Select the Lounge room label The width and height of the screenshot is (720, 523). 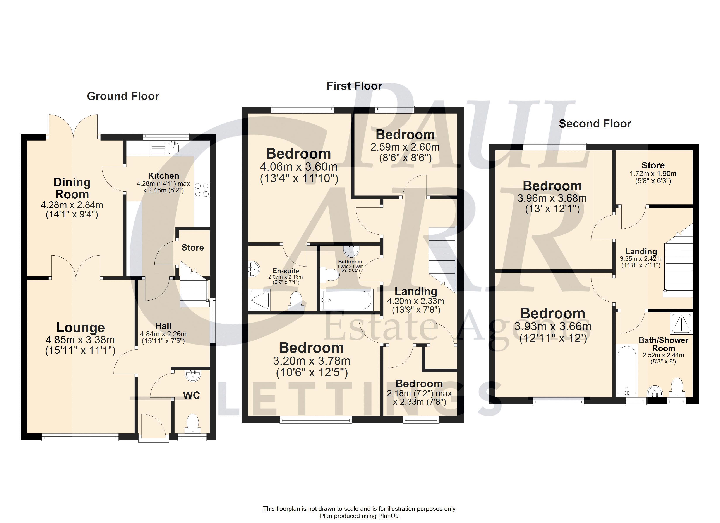(x=81, y=327)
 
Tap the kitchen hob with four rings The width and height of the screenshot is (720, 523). (x=202, y=189)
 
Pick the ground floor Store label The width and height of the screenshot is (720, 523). (x=192, y=247)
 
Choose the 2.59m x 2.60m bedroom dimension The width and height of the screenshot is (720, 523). (x=405, y=147)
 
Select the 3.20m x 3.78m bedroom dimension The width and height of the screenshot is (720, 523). (x=311, y=361)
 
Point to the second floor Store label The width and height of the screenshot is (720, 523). (x=653, y=165)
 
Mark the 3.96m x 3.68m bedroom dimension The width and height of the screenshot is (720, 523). (x=552, y=198)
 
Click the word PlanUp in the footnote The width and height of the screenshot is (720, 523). (x=388, y=516)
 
